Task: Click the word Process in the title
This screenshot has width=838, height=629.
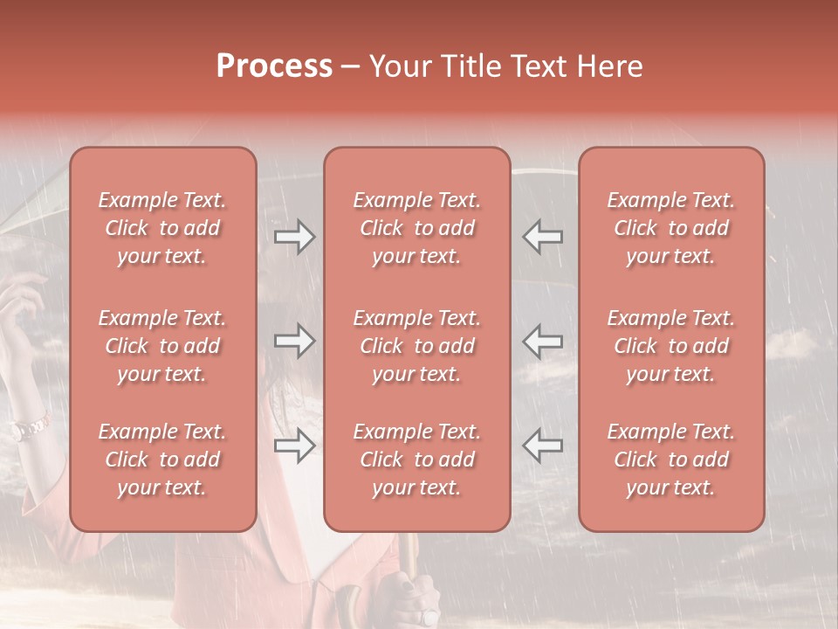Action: click(274, 66)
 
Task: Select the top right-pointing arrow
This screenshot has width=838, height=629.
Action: click(295, 237)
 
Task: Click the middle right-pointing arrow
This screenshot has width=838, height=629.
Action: click(295, 341)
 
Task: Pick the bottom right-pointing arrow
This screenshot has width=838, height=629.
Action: click(295, 446)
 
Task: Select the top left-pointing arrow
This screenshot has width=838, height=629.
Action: click(542, 237)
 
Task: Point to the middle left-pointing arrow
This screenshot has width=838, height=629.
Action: click(542, 341)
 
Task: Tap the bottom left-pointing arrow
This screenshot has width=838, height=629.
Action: click(542, 446)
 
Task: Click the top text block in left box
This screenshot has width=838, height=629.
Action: click(162, 228)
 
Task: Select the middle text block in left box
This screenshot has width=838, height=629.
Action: click(162, 346)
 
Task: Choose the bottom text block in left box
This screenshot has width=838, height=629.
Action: click(162, 460)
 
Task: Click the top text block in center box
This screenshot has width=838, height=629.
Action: click(416, 228)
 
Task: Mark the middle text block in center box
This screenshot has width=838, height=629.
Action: click(416, 346)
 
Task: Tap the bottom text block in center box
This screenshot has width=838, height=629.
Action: click(416, 460)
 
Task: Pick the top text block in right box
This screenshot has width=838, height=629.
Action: click(671, 228)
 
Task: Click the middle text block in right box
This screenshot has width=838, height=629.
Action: click(671, 346)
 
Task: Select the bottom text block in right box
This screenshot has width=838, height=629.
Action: click(671, 460)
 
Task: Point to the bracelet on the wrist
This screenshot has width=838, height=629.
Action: click(30, 427)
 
